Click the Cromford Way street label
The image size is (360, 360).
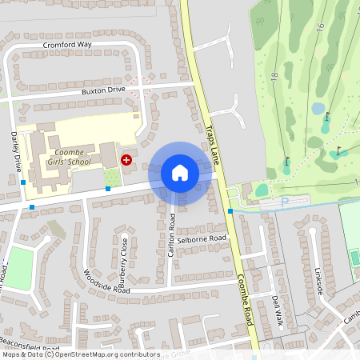pyautogui.click(x=67, y=45)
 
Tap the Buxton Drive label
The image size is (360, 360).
pyautogui.click(x=103, y=90)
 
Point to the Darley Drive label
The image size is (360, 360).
pyautogui.click(x=16, y=152)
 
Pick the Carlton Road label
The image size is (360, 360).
pyautogui.click(x=172, y=235)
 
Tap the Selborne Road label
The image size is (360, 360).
pyautogui.click(x=202, y=239)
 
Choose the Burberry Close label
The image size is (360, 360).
pyautogui.click(x=123, y=262)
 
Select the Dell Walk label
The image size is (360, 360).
pyautogui.click(x=278, y=310)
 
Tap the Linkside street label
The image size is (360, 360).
pyautogui.click(x=321, y=281)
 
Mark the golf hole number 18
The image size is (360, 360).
pyautogui.click(x=274, y=77)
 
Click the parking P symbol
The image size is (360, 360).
pyautogui.click(x=284, y=203)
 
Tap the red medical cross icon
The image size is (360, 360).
pyautogui.click(x=126, y=160)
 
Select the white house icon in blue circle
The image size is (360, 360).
pyautogui.click(x=179, y=173)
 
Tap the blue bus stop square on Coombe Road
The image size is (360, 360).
pyautogui.click(x=230, y=211)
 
